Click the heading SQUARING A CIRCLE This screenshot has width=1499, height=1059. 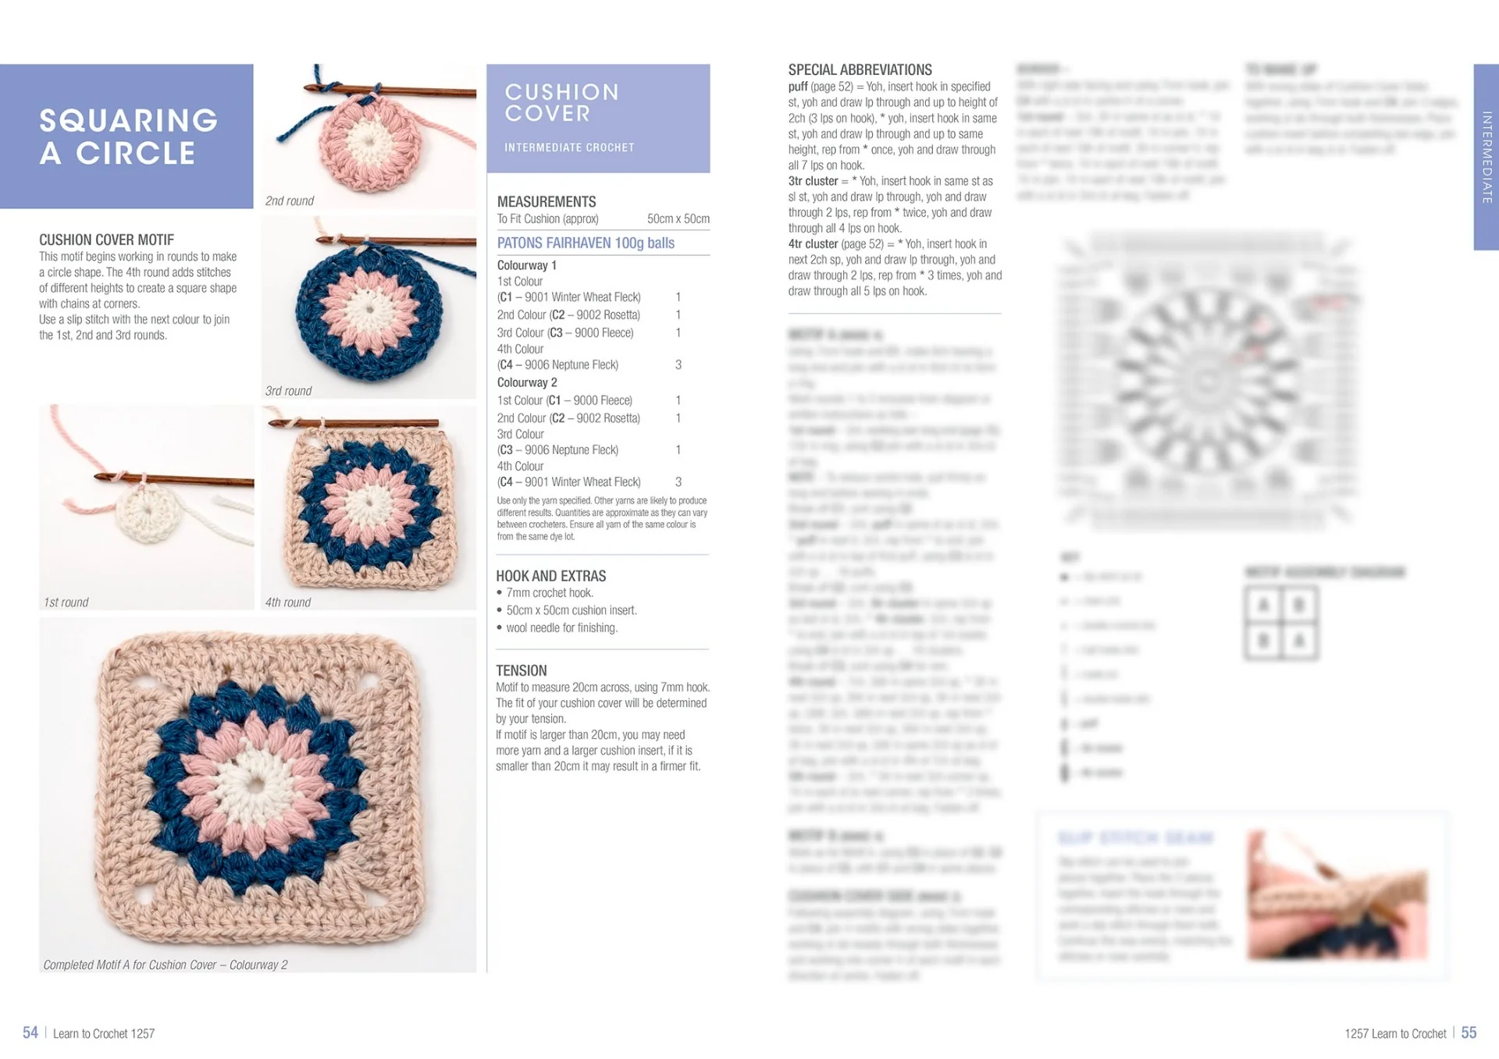[129, 137]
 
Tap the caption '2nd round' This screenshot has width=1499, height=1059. [289, 201]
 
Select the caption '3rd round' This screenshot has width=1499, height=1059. [288, 390]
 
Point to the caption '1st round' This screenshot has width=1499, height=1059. [66, 602]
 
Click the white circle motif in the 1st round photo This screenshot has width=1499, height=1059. [147, 513]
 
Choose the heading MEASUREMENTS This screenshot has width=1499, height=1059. [546, 201]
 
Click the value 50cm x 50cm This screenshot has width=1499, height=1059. [678, 219]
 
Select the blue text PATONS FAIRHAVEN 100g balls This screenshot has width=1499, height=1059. [586, 243]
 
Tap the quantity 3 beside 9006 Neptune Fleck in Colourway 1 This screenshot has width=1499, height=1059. [678, 364]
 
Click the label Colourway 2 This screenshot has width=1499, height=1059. [527, 382]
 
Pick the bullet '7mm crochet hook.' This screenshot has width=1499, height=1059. [549, 592]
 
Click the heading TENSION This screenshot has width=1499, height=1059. [521, 670]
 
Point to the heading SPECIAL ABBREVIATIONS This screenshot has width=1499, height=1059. [860, 69]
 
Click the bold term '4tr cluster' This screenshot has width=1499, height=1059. [813, 243]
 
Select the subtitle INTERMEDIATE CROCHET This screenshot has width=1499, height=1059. [569, 147]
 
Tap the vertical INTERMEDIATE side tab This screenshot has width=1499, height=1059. [1486, 156]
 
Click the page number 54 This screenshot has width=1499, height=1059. [30, 1032]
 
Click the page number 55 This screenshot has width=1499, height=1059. [1469, 1032]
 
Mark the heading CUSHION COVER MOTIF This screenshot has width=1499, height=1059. [106, 240]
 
